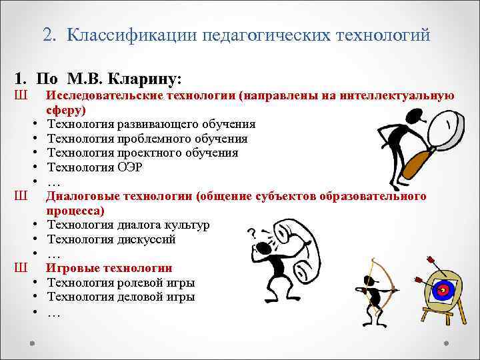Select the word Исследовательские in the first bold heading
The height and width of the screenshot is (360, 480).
96,96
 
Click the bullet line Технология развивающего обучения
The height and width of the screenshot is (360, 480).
151,124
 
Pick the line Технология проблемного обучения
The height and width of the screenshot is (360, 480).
147,139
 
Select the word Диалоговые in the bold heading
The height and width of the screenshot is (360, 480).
79,196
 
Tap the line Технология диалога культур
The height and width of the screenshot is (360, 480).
128,225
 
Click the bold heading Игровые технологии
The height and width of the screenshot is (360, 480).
109,268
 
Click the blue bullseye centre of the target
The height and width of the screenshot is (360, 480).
443,290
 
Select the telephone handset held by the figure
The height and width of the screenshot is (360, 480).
296,247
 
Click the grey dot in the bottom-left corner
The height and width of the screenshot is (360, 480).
33,343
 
